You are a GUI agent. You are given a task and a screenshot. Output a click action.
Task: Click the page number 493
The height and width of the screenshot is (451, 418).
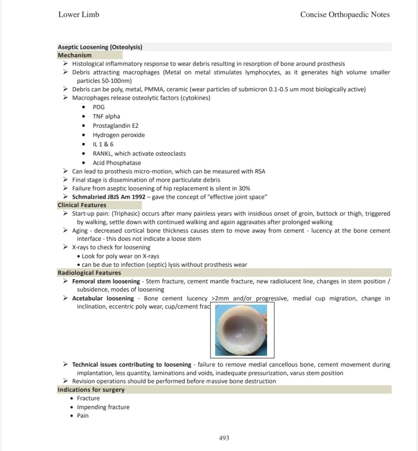click(x=224, y=438)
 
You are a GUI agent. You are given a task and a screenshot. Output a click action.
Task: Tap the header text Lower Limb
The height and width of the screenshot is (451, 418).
click(x=78, y=15)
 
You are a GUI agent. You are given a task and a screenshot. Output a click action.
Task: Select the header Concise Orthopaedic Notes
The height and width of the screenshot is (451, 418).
click(x=345, y=15)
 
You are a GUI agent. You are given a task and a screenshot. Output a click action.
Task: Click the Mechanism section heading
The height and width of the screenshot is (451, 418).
click(x=75, y=55)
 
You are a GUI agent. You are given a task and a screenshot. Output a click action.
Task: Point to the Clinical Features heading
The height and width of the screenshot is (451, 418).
click(x=82, y=205)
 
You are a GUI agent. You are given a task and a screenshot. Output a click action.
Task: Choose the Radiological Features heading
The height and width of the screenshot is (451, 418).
click(x=89, y=273)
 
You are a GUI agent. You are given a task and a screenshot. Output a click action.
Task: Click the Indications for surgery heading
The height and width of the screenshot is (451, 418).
click(x=91, y=390)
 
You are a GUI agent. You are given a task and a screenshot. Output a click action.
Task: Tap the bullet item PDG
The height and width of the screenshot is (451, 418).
click(x=99, y=107)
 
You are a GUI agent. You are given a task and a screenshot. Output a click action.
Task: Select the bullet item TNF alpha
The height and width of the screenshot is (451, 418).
click(x=106, y=116)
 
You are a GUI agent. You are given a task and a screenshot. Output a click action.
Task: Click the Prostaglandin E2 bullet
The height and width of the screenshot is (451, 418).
click(x=116, y=126)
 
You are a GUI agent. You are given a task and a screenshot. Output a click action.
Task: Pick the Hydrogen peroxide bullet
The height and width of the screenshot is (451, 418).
click(x=119, y=135)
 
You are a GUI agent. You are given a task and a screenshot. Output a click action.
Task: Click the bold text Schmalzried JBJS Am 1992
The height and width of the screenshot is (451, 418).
click(x=109, y=197)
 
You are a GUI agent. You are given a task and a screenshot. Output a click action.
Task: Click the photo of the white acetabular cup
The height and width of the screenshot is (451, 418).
click(x=242, y=330)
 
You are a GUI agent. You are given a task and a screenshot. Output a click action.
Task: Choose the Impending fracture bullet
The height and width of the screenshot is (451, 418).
click(x=103, y=407)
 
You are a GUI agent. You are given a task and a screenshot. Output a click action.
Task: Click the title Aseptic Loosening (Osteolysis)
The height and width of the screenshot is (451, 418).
click(x=100, y=47)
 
